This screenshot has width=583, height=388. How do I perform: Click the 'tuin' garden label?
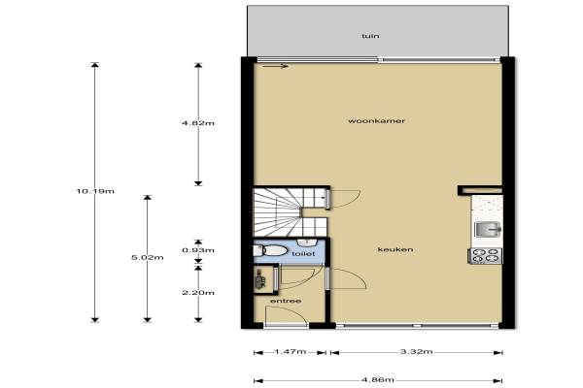[370, 36]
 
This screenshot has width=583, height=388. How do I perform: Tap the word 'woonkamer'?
[376, 120]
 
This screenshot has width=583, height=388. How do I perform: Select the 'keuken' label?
[395, 249]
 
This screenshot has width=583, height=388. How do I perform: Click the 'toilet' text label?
[303, 254]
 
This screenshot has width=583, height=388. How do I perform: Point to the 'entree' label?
[286, 301]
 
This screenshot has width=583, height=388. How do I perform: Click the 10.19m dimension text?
[95, 192]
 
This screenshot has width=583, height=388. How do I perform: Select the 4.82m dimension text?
[198, 123]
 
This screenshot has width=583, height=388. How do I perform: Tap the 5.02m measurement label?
[148, 257]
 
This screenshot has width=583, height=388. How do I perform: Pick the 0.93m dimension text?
[198, 250]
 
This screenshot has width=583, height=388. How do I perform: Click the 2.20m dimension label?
[198, 293]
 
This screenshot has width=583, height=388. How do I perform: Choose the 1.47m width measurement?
[291, 351]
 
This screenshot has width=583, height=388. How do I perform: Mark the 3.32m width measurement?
[417, 351]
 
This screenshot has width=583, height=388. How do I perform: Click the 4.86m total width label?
[378, 380]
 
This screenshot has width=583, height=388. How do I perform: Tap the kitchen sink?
[488, 229]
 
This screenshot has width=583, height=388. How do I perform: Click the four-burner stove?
[485, 256]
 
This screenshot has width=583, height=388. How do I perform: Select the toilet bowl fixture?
[270, 250]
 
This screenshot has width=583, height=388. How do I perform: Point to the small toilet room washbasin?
[307, 242]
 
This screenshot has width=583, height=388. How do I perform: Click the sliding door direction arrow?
[275, 67]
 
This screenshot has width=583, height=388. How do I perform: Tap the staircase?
[290, 212]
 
